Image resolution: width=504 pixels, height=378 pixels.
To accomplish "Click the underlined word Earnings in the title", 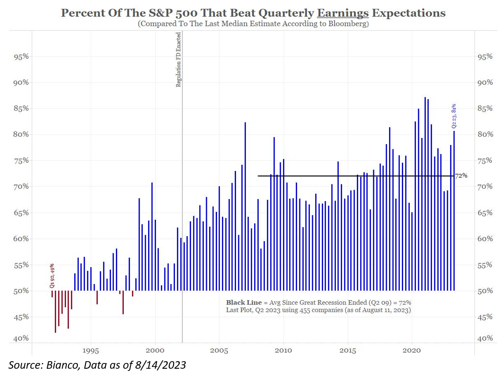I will [x=343, y=13].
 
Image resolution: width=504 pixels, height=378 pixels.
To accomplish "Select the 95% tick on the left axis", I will [x=19, y=57].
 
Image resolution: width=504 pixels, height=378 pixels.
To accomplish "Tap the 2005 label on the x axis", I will [x=219, y=350].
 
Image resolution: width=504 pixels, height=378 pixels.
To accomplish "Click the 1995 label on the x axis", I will [x=91, y=350].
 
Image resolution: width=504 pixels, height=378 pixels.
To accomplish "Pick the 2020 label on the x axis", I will [x=412, y=350].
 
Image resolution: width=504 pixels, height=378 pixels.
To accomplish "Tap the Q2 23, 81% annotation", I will [x=454, y=116].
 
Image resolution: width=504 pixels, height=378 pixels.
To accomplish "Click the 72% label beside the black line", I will [x=461, y=176].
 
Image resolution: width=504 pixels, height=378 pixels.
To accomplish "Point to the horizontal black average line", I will [x=354, y=176].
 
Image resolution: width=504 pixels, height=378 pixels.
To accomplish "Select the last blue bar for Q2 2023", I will [x=454, y=212].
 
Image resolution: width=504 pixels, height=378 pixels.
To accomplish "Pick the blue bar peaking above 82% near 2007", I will [x=245, y=208].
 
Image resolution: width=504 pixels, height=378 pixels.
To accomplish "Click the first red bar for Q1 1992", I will [x=52, y=294].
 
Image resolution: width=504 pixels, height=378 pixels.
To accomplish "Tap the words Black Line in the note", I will [x=241, y=302].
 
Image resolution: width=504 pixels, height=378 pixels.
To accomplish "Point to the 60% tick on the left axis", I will [x=19, y=239].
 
